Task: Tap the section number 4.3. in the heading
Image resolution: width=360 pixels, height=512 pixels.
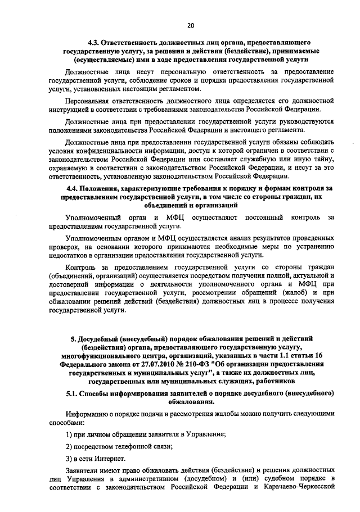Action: [95, 43]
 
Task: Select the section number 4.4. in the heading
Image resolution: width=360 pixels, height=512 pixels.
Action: [73, 187]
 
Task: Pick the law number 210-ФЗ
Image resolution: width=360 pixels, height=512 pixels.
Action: [197, 364]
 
